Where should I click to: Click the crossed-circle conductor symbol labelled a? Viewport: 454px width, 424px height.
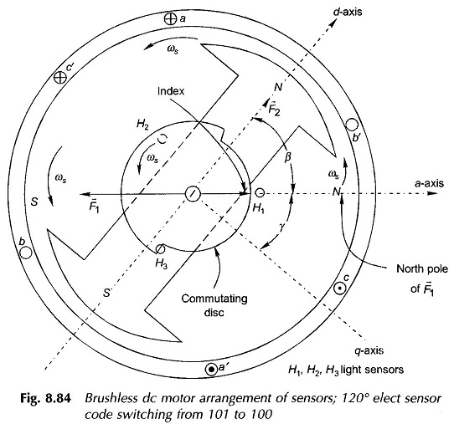pyautogui.click(x=170, y=19)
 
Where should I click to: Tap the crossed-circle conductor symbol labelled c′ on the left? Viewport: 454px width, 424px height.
pyautogui.click(x=60, y=78)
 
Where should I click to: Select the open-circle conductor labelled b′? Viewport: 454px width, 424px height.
pyautogui.click(x=352, y=125)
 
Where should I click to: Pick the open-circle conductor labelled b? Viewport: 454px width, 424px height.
pyautogui.click(x=25, y=253)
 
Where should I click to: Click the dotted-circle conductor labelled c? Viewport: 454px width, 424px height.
pyautogui.click(x=339, y=289)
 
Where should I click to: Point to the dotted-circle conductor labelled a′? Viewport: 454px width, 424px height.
pyautogui.click(x=211, y=370)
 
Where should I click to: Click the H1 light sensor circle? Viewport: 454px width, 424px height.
pyautogui.click(x=260, y=193)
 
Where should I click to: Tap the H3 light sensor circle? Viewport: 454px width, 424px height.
pyautogui.click(x=160, y=249)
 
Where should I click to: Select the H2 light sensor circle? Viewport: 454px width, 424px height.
pyautogui.click(x=163, y=139)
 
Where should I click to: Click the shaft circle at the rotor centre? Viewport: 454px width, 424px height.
pyautogui.click(x=193, y=193)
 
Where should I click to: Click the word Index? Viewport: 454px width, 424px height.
pyautogui.click(x=171, y=91)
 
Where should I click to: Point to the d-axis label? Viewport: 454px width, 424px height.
pyautogui.click(x=348, y=12)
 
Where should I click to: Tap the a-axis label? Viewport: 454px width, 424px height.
pyautogui.click(x=429, y=183)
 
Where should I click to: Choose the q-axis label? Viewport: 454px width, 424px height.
pyautogui.click(x=369, y=350)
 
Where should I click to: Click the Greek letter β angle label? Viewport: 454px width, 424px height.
pyautogui.click(x=287, y=157)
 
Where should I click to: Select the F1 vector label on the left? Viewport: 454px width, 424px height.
pyautogui.click(x=94, y=207)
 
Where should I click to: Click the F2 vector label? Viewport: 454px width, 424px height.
pyautogui.click(x=274, y=109)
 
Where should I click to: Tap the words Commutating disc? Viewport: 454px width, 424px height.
pyautogui.click(x=214, y=305)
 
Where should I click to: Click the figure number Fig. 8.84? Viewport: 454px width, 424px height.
pyautogui.click(x=45, y=399)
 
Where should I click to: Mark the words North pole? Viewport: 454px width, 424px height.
pyautogui.click(x=422, y=269)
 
